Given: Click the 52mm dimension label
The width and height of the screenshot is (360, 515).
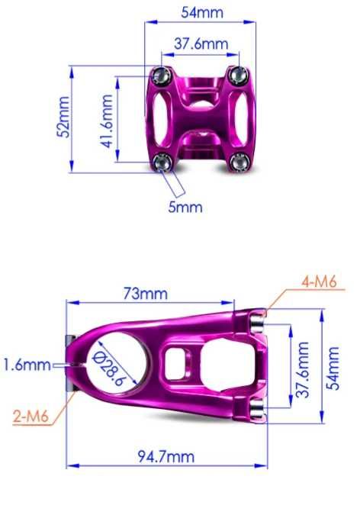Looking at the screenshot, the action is [63, 117].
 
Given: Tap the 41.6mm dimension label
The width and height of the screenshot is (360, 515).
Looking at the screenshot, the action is [106, 121].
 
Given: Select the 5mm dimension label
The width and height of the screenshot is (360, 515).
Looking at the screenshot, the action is [185, 207].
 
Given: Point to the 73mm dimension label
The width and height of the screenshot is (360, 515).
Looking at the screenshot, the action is [146, 293].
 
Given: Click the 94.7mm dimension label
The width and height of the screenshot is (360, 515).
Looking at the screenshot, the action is [166, 456].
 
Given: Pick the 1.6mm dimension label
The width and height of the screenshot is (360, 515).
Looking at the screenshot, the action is [27, 365].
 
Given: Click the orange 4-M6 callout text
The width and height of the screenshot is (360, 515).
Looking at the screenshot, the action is [320, 282].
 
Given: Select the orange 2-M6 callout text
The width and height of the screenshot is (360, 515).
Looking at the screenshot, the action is [31, 417].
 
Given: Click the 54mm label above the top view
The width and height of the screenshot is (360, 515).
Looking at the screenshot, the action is [202, 12].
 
